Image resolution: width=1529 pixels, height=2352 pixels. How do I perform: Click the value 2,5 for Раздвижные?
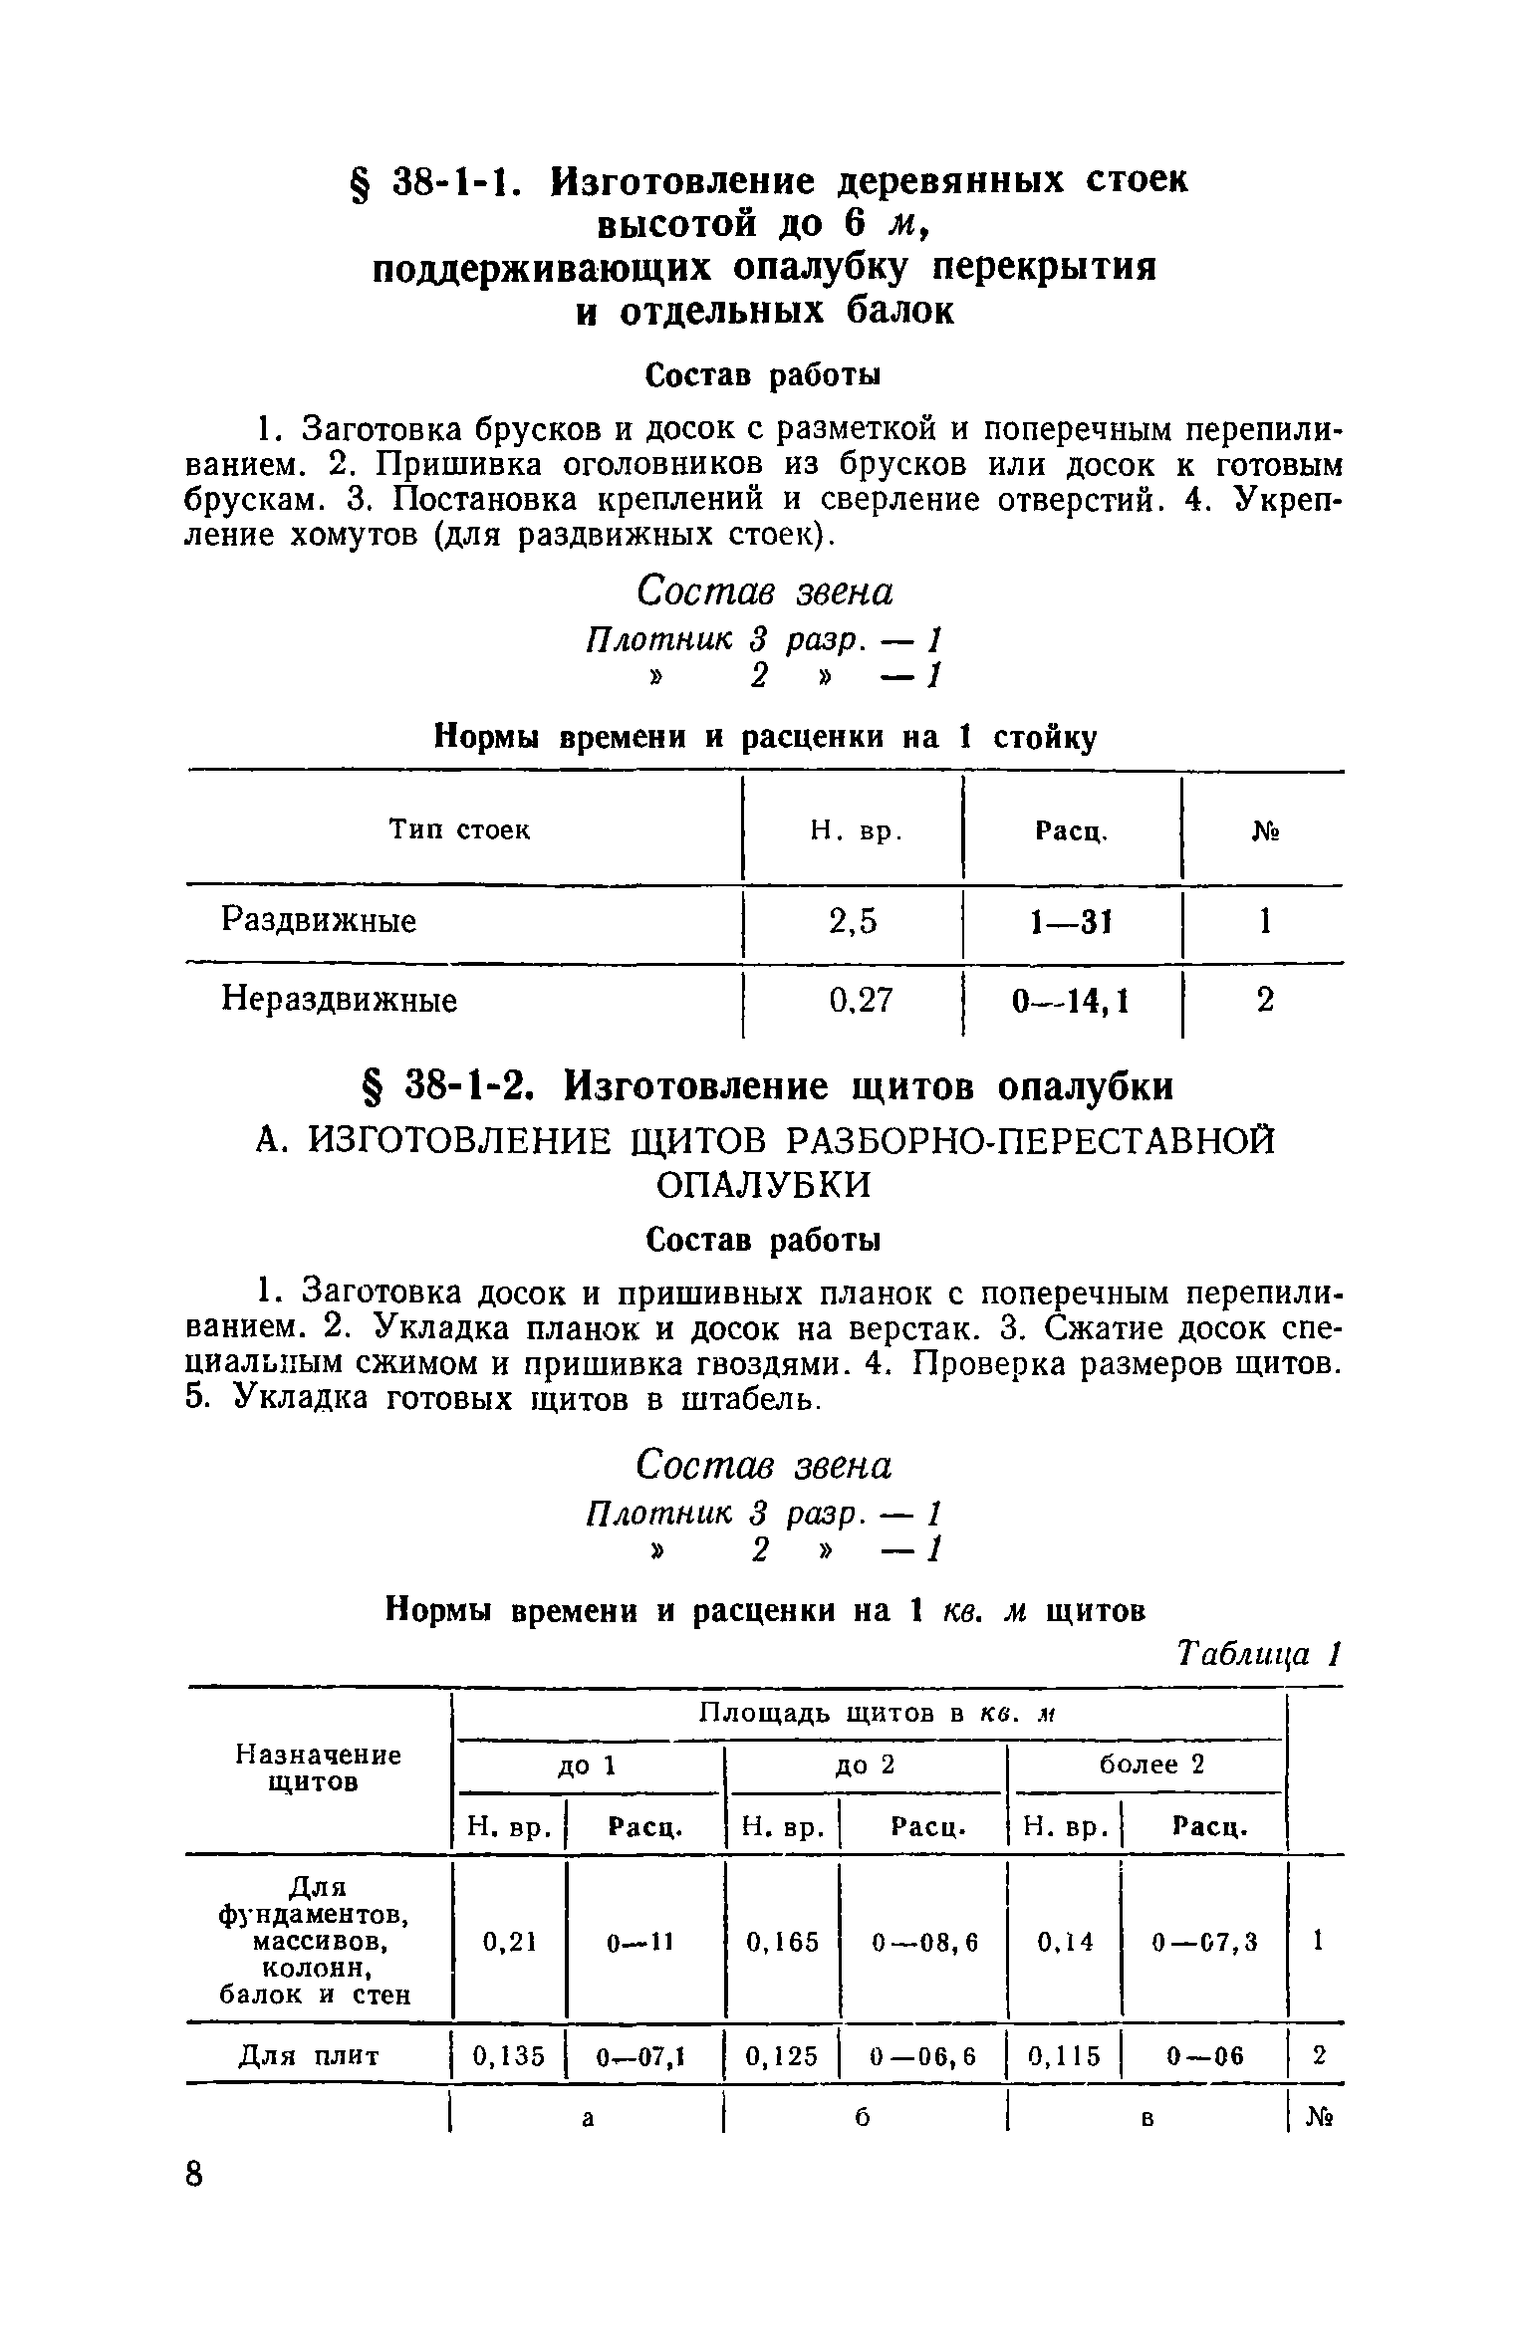853,922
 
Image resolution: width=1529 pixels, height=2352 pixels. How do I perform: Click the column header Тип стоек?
459,829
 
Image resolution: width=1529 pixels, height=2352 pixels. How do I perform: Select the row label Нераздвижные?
339,999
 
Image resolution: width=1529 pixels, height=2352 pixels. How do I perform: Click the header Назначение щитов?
318,1767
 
